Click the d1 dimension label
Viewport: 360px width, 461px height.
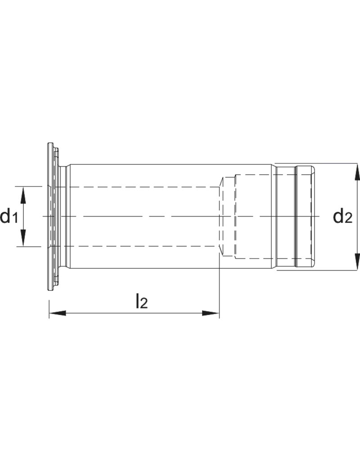click(9, 217)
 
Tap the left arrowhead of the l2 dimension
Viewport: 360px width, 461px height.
click(57, 313)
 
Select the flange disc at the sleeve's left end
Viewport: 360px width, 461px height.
click(49, 217)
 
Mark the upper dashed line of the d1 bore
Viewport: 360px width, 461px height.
click(135, 187)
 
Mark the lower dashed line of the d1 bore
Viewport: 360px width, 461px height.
click(135, 246)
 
